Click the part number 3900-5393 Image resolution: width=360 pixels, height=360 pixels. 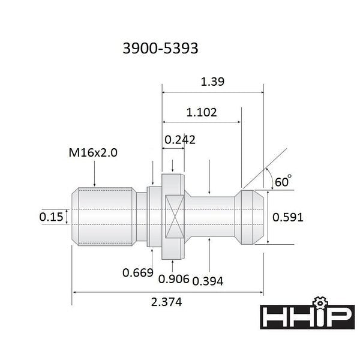click(x=160, y=49)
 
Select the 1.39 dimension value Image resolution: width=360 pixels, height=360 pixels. click(x=212, y=82)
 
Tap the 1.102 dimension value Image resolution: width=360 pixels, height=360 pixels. click(x=202, y=113)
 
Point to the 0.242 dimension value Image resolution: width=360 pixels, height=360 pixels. click(x=180, y=140)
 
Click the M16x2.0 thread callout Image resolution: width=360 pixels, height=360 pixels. click(x=93, y=152)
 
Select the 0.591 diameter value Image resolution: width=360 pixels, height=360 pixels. click(x=287, y=217)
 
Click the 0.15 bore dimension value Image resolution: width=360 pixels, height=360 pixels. click(x=51, y=217)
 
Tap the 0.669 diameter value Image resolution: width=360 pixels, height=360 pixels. click(x=138, y=273)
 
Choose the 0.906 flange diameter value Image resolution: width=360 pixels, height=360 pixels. click(x=174, y=279)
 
